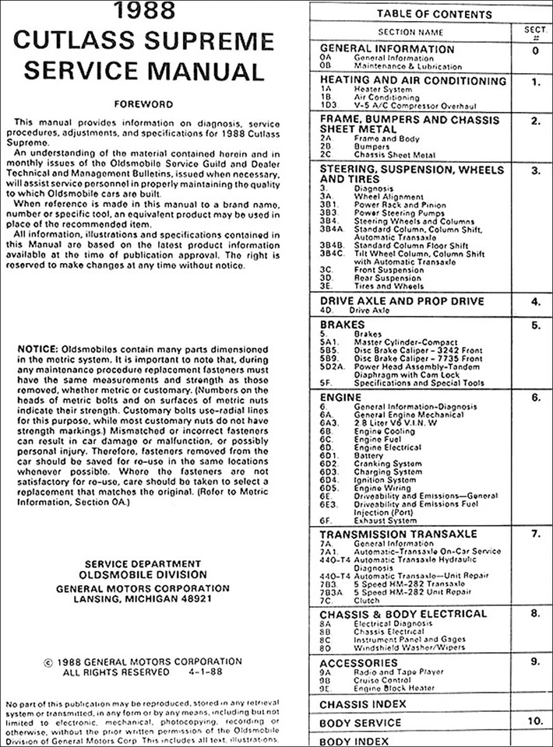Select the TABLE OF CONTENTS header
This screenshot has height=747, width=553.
[434, 14]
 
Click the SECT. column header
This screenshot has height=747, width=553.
[535, 31]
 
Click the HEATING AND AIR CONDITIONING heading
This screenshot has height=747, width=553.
[413, 80]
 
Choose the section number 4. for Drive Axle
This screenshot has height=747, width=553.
[535, 301]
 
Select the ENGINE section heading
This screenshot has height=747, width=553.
[341, 398]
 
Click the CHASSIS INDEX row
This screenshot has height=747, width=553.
[363, 704]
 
